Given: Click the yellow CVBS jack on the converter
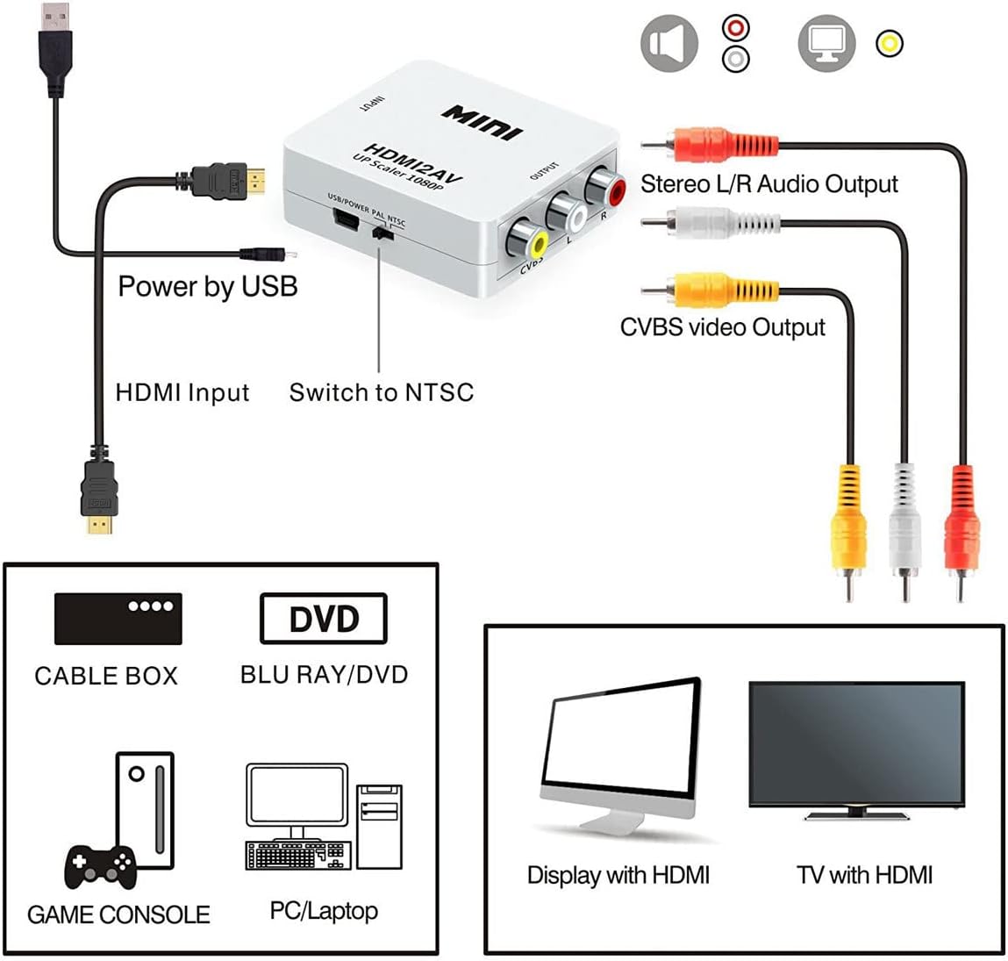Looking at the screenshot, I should [527, 240].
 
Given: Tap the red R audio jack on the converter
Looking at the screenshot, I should [604, 187].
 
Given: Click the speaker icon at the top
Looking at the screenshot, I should [669, 43].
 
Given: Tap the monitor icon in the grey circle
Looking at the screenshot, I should [826, 43].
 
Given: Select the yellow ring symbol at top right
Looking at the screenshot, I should [890, 43].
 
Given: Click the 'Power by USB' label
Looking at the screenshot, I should [208, 287].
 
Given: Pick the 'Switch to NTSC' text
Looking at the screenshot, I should [381, 392].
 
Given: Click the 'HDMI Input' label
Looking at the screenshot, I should [182, 392].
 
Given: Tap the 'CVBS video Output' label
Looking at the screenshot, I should [722, 327].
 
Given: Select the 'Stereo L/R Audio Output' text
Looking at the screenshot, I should [769, 184].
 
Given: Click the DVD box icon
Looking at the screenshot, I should [323, 619].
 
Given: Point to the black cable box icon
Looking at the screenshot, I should [118, 619].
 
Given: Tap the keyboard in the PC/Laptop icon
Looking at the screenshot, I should [297, 855].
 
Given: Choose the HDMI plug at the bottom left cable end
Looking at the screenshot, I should [98, 496].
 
